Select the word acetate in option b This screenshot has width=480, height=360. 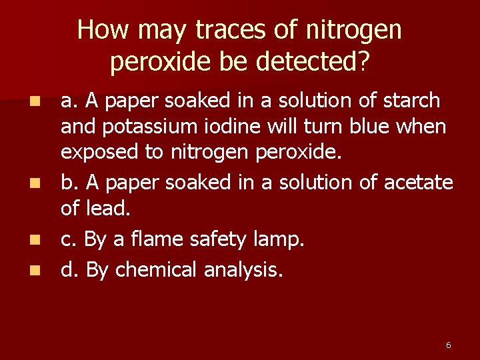[419, 182]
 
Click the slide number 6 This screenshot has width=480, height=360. [448, 345]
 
